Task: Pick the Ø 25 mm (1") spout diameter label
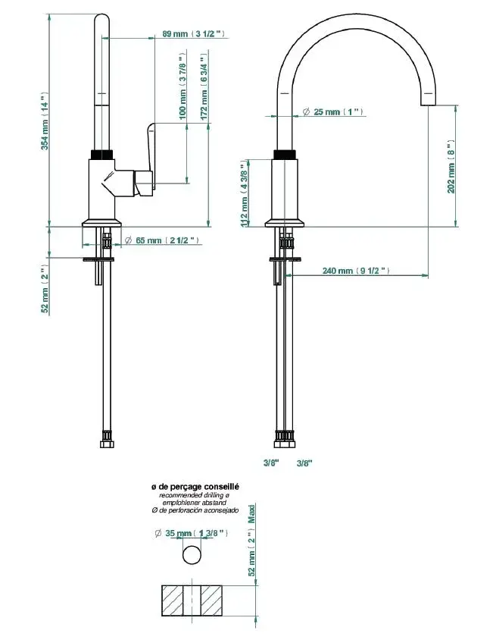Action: [x=332, y=112]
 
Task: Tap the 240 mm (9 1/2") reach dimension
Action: [x=355, y=270]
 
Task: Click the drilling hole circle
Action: [x=193, y=555]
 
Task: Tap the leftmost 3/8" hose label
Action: [x=271, y=463]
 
